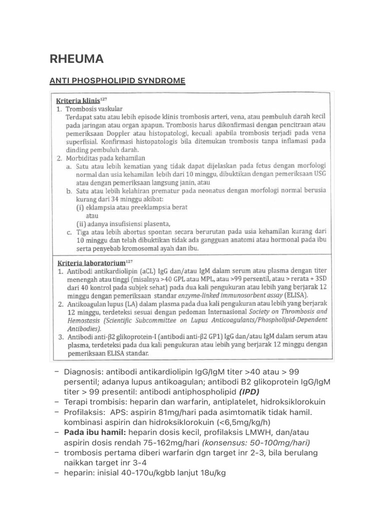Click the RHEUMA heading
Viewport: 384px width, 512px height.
[76, 59]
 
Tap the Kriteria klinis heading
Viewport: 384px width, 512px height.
[77, 100]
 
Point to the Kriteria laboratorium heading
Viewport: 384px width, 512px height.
[90, 261]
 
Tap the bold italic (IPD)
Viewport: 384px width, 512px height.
[242, 391]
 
